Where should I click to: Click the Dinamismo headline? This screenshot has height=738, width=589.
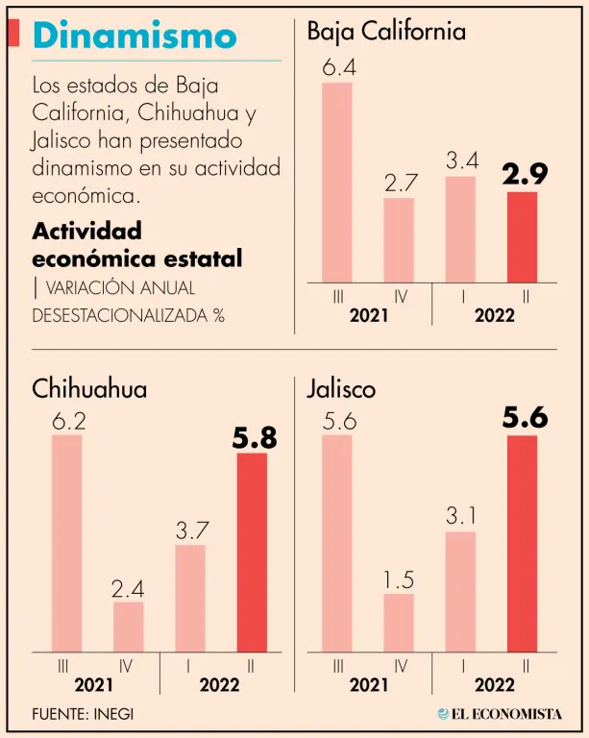tap(135, 37)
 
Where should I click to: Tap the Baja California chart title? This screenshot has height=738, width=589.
tap(386, 31)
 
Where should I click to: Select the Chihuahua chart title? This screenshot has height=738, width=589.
tap(89, 389)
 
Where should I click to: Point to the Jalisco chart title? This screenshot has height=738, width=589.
tap(341, 389)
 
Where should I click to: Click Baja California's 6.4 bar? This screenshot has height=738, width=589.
tap(337, 182)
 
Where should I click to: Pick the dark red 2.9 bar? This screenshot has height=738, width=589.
tap(522, 236)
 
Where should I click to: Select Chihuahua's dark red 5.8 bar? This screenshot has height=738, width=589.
tap(252, 552)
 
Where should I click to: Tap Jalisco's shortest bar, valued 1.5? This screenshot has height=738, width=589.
tap(399, 622)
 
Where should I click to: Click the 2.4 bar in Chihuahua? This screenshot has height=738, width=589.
tap(129, 626)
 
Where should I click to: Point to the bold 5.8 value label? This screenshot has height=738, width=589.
tap(254, 438)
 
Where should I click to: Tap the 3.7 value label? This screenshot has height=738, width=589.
tap(190, 529)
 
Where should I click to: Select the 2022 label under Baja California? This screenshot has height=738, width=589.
tap(495, 315)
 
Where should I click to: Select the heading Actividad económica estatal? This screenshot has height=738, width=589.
tap(136, 245)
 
